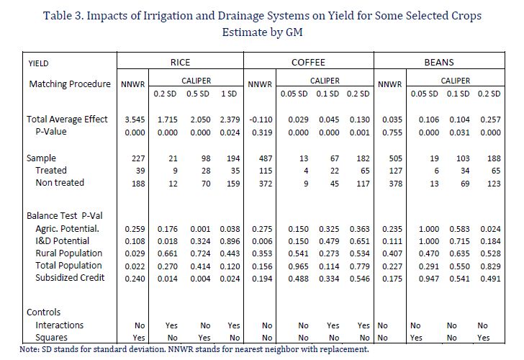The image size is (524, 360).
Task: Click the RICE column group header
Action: point(180,63)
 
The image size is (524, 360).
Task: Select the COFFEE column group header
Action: point(308,63)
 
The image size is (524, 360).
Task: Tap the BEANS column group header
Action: point(440,63)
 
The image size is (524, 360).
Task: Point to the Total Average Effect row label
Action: point(67,120)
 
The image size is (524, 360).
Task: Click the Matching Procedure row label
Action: point(70,84)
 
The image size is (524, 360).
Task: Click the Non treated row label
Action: point(60,183)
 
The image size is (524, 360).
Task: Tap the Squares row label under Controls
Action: point(52,337)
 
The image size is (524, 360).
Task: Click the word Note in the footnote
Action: point(10,350)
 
